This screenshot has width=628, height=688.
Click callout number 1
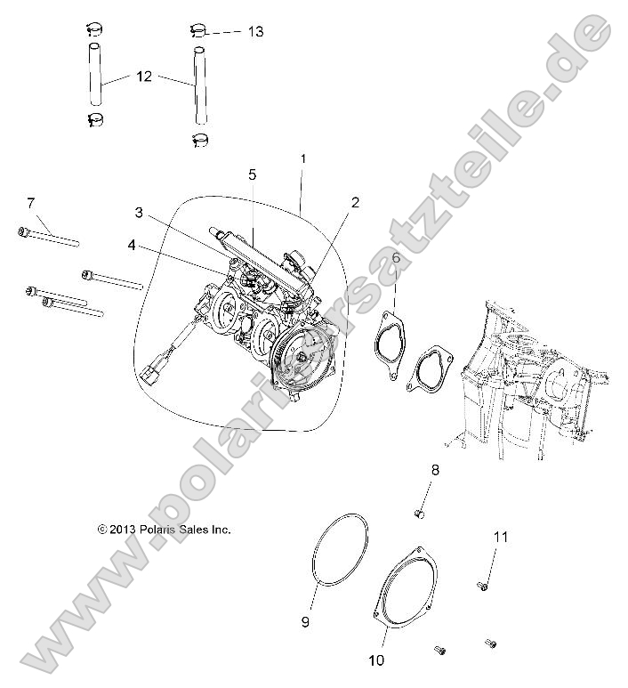coord(302,158)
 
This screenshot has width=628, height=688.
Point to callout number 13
coord(255,31)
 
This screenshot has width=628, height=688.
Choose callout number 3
coord(139,212)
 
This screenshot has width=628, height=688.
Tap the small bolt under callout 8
coord(422,514)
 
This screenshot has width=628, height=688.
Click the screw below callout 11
coord(483,585)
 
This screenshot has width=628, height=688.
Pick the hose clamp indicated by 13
coord(199,32)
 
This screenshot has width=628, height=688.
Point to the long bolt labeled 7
coord(49,236)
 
